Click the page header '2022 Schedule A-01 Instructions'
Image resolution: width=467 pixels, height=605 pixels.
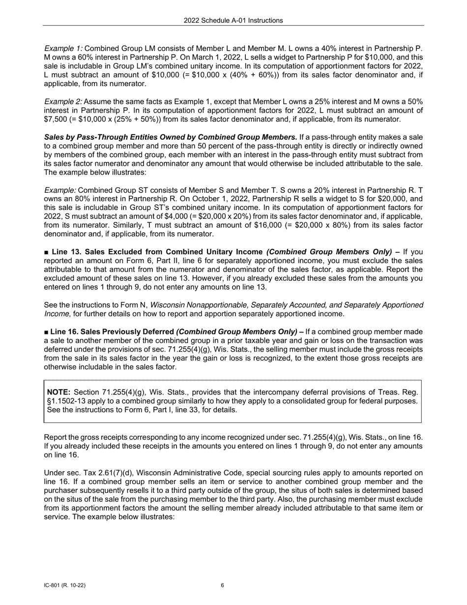tap(233, 21)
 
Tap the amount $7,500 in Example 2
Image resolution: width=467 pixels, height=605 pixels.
tap(56, 120)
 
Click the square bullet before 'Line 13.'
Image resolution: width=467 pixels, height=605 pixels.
tap(47, 252)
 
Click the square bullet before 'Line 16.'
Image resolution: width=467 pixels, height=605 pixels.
tap(47, 332)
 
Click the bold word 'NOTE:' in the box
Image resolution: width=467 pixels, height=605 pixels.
tap(58, 392)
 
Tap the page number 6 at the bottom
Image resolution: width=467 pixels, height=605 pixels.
tap(223, 585)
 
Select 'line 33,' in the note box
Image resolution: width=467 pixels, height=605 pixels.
tap(194, 410)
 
